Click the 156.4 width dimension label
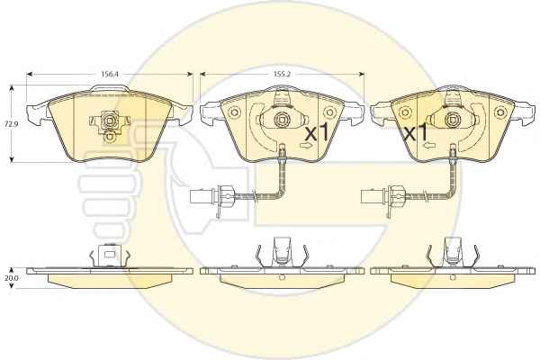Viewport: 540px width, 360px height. tap(110, 74)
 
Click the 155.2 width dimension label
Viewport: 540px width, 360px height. tap(282, 74)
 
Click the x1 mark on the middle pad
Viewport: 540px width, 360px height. tap(317, 132)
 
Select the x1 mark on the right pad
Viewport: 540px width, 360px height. tap(416, 132)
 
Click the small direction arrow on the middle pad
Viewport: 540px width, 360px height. tap(306, 146)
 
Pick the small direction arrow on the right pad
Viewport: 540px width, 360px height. tap(429, 145)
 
